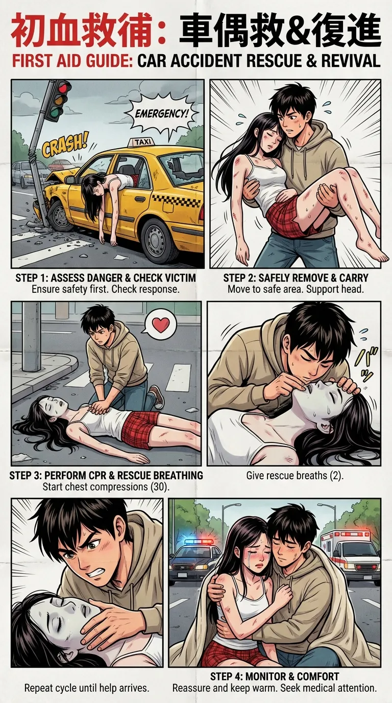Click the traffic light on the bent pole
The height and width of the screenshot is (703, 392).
[x=57, y=100]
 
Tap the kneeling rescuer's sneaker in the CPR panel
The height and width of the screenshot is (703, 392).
[x=155, y=396]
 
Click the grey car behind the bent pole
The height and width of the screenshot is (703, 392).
[x=24, y=174]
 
